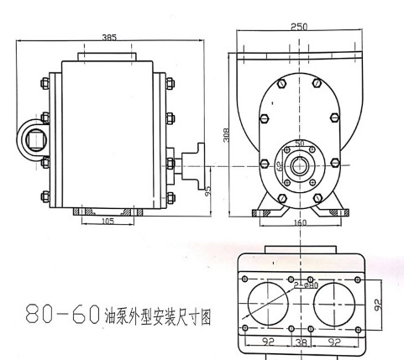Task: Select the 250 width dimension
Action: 298,27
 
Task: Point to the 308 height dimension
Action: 227,135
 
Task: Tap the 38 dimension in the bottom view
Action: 299,342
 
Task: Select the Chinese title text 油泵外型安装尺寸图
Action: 157,316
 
